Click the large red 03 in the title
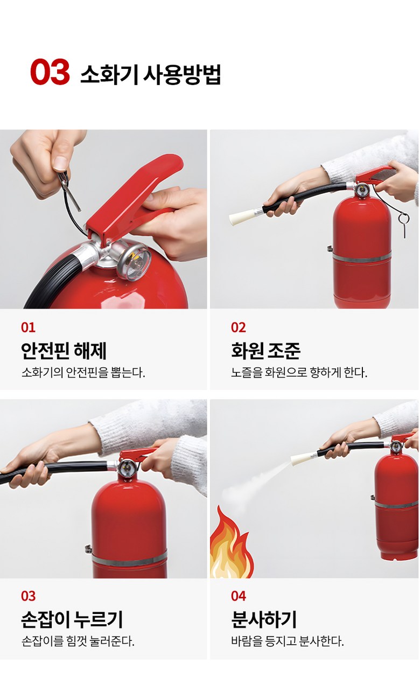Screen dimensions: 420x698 [x=50, y=72]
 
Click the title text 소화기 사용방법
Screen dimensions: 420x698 [x=150, y=75]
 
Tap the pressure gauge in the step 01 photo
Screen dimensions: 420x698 [x=134, y=261]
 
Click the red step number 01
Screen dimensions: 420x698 [x=28, y=327]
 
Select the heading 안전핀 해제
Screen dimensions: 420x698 [x=64, y=350]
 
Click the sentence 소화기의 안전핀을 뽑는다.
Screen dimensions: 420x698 [x=83, y=372]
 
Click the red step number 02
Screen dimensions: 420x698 [x=239, y=327]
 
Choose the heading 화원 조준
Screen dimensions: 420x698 [x=266, y=350]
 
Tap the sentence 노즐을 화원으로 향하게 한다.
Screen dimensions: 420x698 [x=299, y=372]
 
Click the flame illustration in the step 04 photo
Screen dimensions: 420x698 [x=230, y=544]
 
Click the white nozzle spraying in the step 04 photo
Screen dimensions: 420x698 [x=302, y=459]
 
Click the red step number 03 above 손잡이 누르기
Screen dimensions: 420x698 [x=29, y=596]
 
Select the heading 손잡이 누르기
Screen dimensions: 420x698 [x=72, y=619]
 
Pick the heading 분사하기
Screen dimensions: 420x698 [x=264, y=619]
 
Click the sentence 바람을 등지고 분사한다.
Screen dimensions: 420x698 [x=288, y=641]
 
